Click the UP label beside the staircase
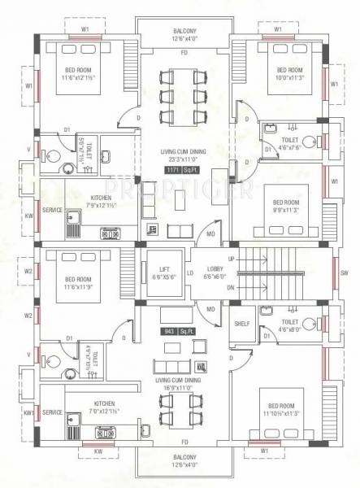coord(231,259)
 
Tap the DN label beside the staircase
coord(231,288)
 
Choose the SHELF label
coord(241,323)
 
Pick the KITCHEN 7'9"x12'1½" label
coord(102,202)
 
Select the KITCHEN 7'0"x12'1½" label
coord(104,407)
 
